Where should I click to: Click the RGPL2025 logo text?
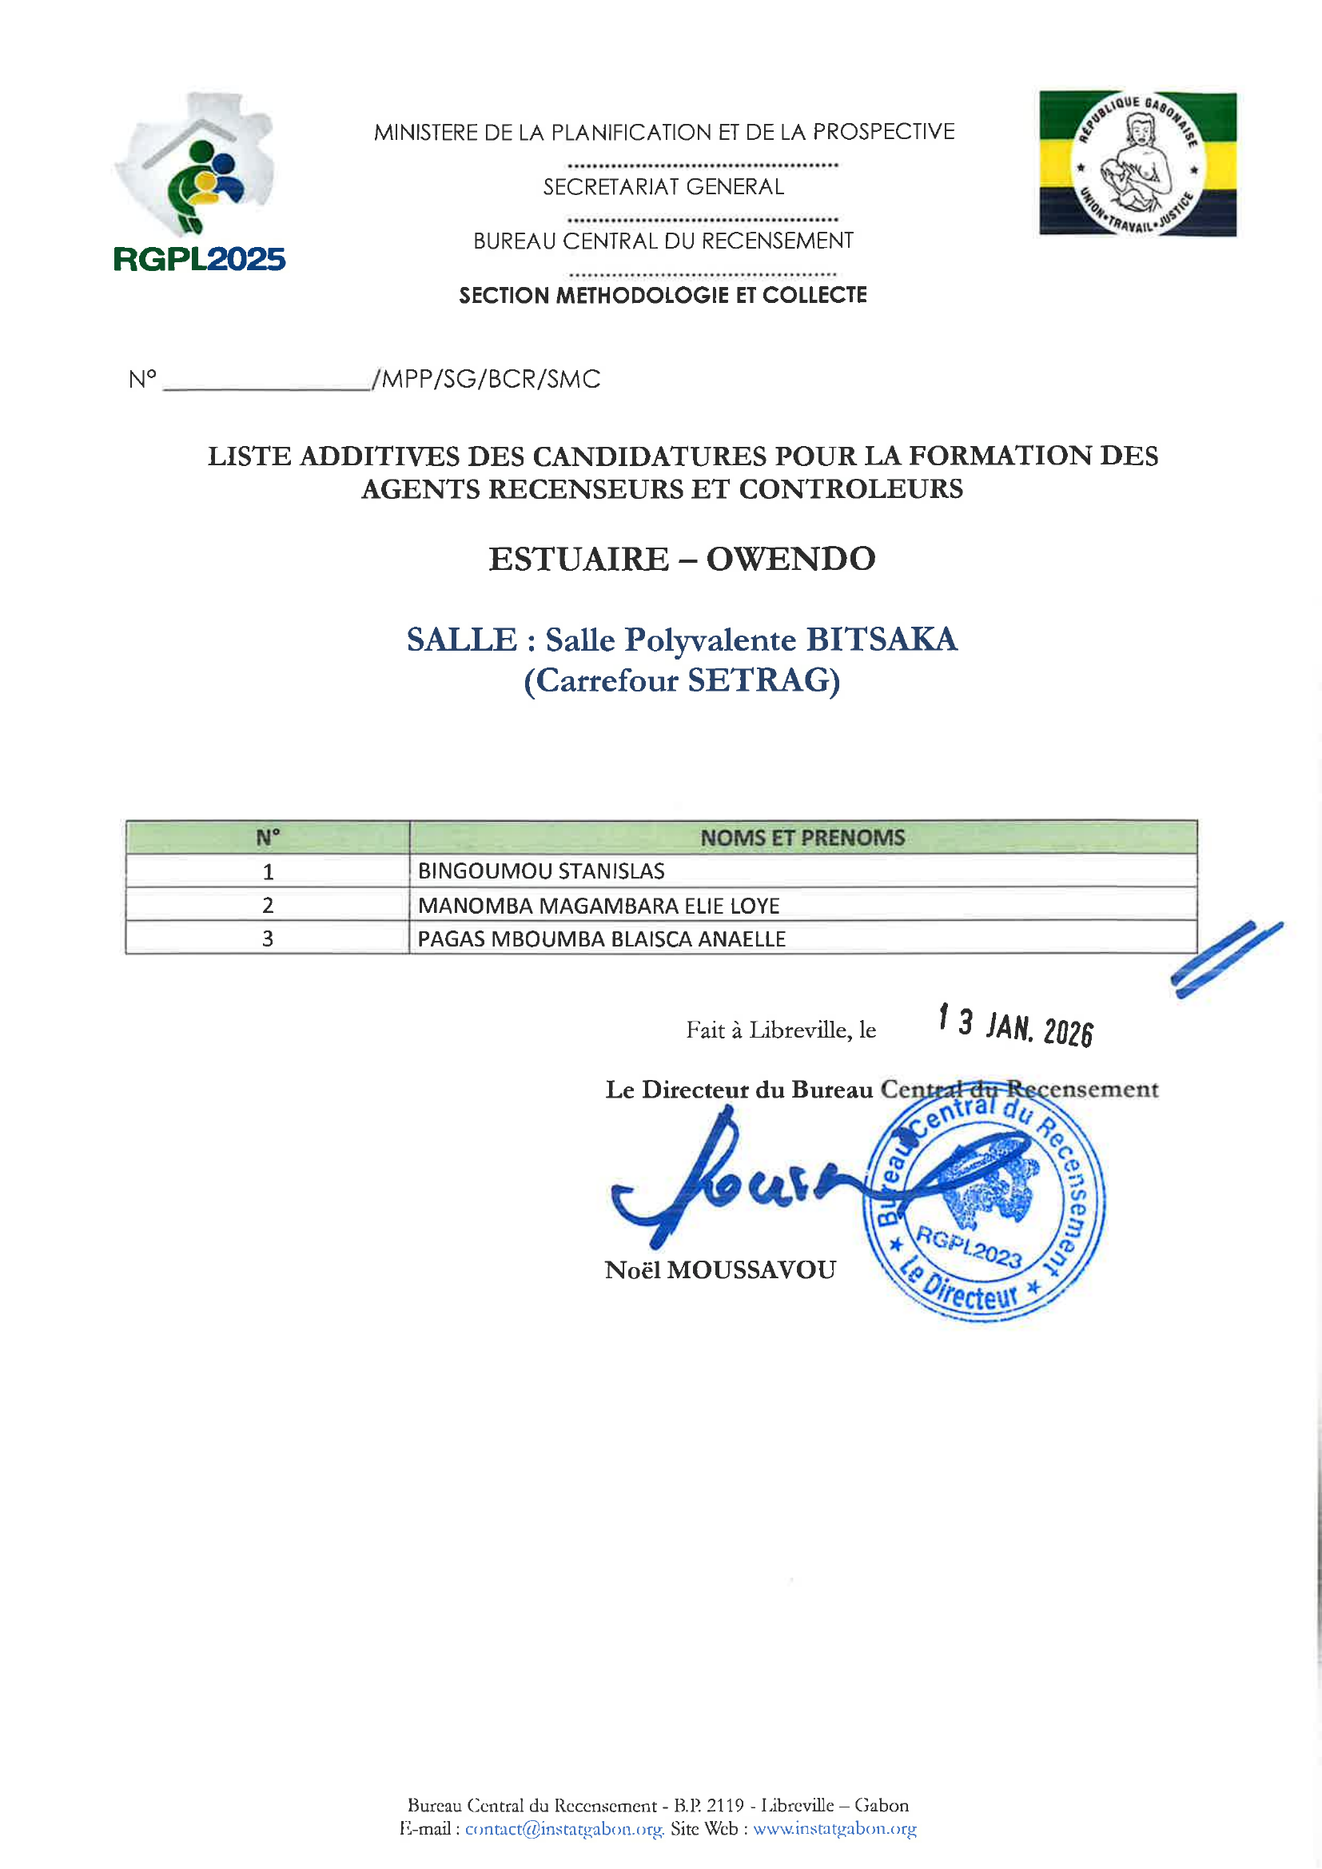point(200,259)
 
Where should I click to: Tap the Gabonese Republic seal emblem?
point(1137,164)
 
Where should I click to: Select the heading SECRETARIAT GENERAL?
point(663,187)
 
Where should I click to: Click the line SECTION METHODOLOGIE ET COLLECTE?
point(663,296)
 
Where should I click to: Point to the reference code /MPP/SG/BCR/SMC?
point(487,380)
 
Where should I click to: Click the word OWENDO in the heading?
point(790,560)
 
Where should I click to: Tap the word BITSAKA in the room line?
point(882,640)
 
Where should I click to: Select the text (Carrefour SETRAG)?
point(681,680)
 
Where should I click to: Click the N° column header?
point(268,838)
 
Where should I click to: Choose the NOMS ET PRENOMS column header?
point(802,838)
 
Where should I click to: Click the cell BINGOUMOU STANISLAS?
point(541,871)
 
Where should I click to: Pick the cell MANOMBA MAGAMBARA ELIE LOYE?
point(599,905)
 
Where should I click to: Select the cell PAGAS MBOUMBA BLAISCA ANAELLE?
point(602,938)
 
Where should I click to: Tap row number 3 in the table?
point(268,938)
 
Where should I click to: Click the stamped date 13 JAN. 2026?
point(1015,1026)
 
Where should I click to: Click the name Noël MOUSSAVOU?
point(720,1270)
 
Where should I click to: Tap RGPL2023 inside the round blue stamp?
point(969,1246)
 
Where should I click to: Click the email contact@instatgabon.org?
point(564,1828)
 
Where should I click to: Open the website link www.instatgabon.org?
point(834,1828)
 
